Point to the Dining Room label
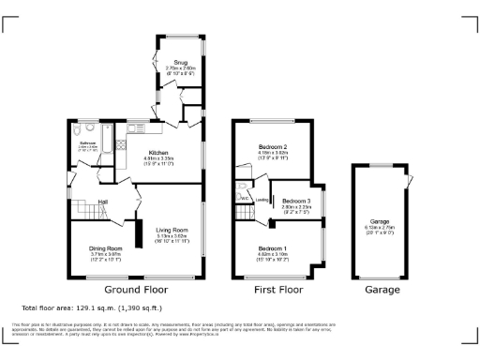[x=106, y=247]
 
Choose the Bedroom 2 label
[x=273, y=149]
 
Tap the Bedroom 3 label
[x=296, y=200]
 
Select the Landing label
[x=263, y=199]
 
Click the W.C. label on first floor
[x=243, y=198]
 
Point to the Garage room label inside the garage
[x=380, y=221]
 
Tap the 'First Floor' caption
[x=277, y=291]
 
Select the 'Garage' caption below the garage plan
[x=381, y=291]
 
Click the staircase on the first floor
[x=247, y=211]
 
